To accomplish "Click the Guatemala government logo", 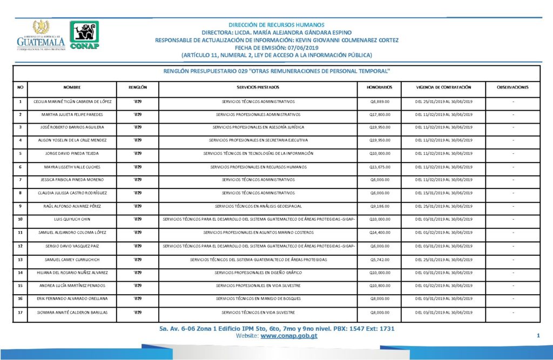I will (41, 36).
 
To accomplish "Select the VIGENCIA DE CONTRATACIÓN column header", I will (443, 87).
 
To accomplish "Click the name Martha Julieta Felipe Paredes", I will (72, 114).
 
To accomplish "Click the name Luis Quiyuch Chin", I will (72, 219).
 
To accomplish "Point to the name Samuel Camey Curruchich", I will (72, 259).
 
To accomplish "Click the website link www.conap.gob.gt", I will (289, 336).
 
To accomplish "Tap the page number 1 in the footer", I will (538, 336).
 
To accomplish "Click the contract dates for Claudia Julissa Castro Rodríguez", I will (443, 193).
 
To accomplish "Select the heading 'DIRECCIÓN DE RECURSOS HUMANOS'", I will (276, 25).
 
